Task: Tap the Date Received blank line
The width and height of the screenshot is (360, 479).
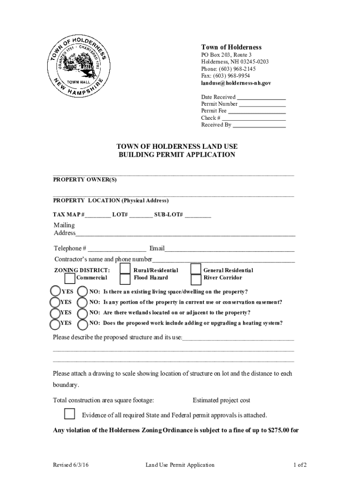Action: click(x=262, y=98)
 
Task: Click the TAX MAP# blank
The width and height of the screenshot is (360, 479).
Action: click(x=98, y=215)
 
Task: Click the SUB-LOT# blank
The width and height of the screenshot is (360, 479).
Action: click(x=198, y=215)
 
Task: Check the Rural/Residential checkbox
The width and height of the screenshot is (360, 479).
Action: click(x=125, y=269)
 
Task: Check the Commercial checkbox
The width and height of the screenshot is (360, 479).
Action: click(x=70, y=279)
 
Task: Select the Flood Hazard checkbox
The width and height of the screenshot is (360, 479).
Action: click(x=125, y=279)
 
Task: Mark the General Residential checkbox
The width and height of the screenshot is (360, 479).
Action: click(x=196, y=269)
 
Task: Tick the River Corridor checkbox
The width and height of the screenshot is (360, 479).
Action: click(x=196, y=279)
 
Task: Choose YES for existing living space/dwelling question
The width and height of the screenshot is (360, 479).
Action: click(x=55, y=292)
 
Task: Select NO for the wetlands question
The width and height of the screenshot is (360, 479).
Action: click(x=82, y=313)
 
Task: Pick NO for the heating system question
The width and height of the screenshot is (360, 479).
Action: click(x=82, y=324)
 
